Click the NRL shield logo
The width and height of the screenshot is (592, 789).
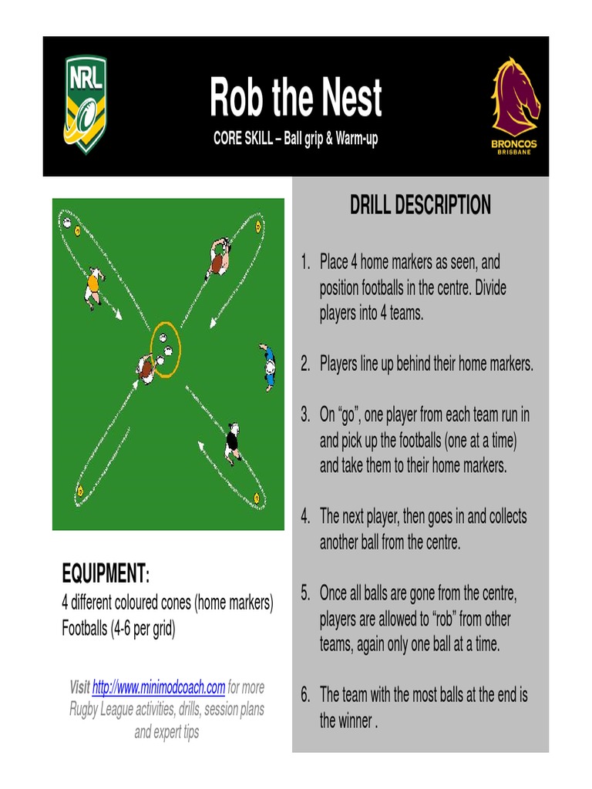pyautogui.click(x=85, y=104)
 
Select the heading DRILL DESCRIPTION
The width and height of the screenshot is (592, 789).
pyautogui.click(x=420, y=205)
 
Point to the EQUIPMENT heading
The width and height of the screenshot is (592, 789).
pyautogui.click(x=105, y=573)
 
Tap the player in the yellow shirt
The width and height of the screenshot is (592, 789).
pyautogui.click(x=93, y=286)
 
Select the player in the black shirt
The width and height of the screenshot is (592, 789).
pyautogui.click(x=232, y=443)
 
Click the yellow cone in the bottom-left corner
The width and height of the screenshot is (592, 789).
pyautogui.click(x=79, y=490)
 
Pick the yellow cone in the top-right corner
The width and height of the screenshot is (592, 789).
pyautogui.click(x=258, y=226)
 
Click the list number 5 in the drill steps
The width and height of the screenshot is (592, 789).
pyautogui.click(x=305, y=593)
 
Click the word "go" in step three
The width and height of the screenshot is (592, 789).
pyautogui.click(x=352, y=415)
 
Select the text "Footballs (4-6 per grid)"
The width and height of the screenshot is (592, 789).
pyautogui.click(x=119, y=629)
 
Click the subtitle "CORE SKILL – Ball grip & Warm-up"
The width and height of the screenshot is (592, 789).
pyautogui.click(x=295, y=140)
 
